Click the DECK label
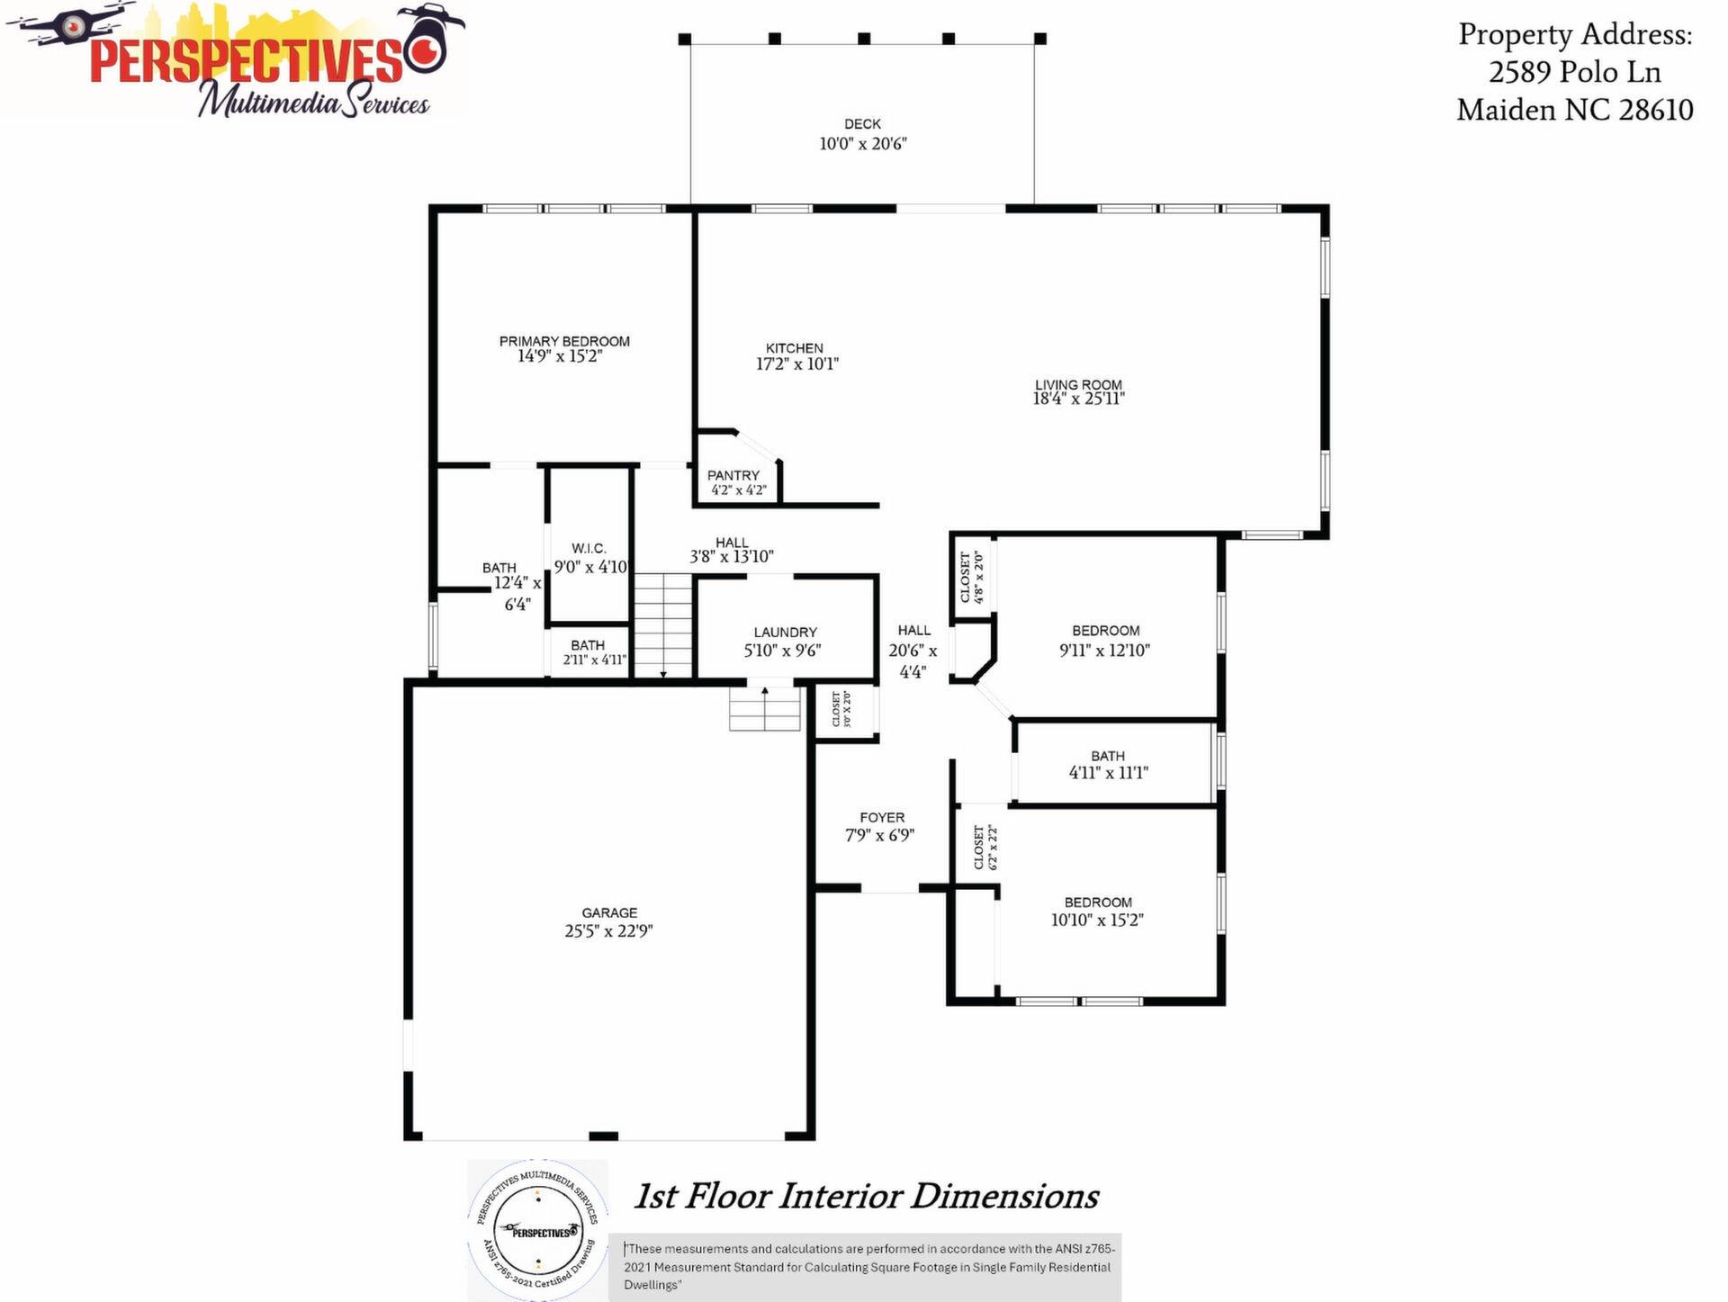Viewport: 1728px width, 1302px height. [862, 124]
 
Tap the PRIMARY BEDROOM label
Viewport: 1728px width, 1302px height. [564, 341]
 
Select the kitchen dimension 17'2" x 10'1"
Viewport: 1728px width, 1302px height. [797, 364]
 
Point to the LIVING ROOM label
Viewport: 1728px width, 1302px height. [1078, 385]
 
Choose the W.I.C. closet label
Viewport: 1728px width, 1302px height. [589, 549]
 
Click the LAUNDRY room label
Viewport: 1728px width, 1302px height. [785, 633]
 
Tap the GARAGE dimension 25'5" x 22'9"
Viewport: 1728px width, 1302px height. [608, 931]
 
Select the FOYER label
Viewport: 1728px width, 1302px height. [881, 818]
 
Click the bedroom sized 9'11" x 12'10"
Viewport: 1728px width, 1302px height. [1105, 641]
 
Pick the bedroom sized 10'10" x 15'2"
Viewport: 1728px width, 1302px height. [1097, 911]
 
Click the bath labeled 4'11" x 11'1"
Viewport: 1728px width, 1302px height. [1108, 765]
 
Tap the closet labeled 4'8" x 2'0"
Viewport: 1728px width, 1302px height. [972, 577]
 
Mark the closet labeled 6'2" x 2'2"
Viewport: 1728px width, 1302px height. [985, 847]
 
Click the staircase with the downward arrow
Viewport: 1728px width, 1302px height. [663, 625]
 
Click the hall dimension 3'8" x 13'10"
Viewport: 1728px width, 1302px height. [732, 557]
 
